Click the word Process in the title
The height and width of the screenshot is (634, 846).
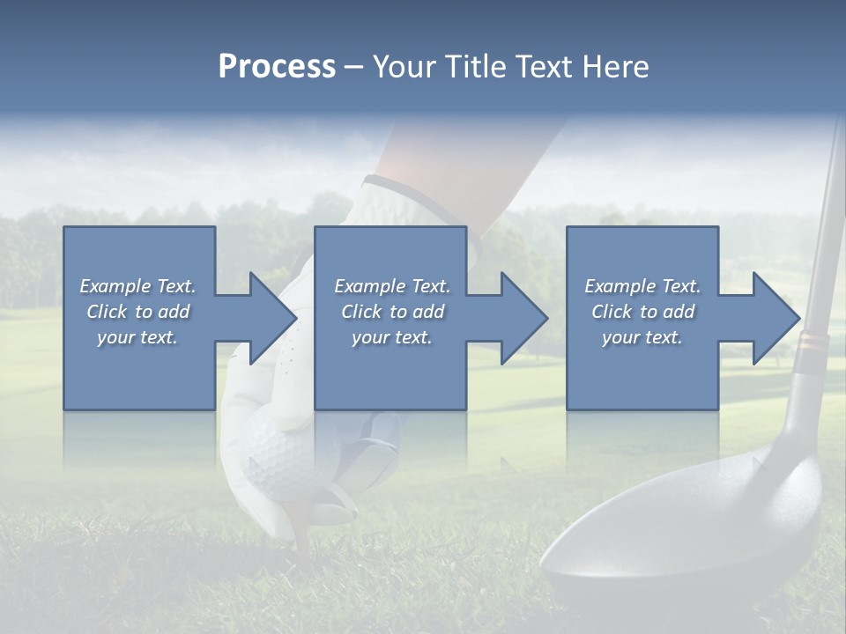tap(277, 67)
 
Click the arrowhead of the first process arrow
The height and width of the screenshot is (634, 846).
tap(273, 318)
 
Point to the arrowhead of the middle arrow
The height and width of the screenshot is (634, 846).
tap(524, 318)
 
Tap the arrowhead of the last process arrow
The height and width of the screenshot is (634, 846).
tap(776, 318)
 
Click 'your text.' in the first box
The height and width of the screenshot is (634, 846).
tap(137, 337)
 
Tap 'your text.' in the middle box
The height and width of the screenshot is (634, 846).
tap(392, 337)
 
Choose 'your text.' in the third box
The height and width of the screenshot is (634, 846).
tap(642, 337)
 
